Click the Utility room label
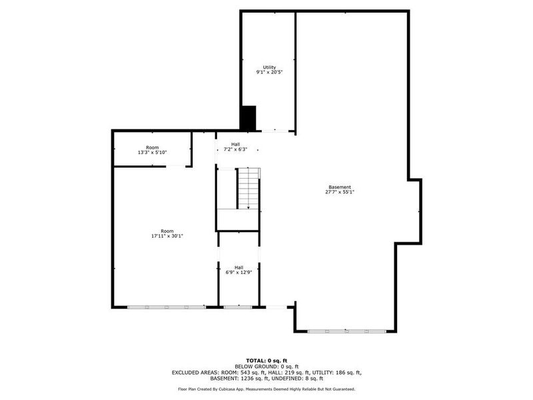[x=269, y=67]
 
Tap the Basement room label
[x=339, y=187]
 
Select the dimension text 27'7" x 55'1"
[x=339, y=192]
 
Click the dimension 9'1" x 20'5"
[x=269, y=72]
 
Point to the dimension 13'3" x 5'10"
[x=152, y=153]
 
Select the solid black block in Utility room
[x=249, y=118]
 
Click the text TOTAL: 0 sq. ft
[x=266, y=360]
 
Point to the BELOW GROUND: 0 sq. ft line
[x=266, y=366]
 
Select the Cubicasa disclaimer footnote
[x=266, y=389]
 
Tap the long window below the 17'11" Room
[x=167, y=307]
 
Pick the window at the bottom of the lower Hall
[x=238, y=307]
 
